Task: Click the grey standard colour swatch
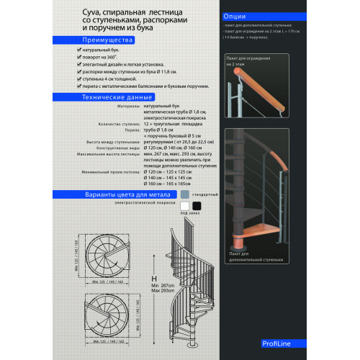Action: (x=185, y=194)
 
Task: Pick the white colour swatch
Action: (x=185, y=207)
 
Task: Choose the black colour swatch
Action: (x=196, y=207)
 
